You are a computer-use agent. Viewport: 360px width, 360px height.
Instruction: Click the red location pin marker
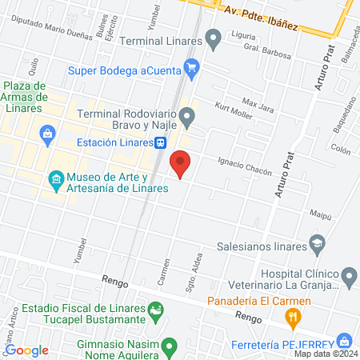[181, 163]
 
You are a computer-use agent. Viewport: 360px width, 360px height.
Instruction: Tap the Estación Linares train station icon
[161, 142]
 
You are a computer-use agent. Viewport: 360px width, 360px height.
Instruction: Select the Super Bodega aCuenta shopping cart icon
[191, 70]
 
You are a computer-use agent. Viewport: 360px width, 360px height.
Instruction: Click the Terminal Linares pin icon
[213, 38]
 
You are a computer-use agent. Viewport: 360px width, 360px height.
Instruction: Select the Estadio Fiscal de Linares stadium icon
[157, 308]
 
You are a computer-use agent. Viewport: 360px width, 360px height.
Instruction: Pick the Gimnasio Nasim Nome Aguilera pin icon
[169, 346]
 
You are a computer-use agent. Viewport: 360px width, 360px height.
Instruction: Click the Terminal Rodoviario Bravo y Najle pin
[187, 119]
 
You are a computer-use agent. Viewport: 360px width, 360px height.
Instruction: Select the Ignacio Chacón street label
[245, 166]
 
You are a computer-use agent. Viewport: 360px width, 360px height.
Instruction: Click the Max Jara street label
[257, 104]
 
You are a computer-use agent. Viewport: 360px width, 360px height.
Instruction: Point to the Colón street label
[341, 150]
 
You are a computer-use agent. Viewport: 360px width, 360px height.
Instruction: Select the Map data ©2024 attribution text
[325, 353]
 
